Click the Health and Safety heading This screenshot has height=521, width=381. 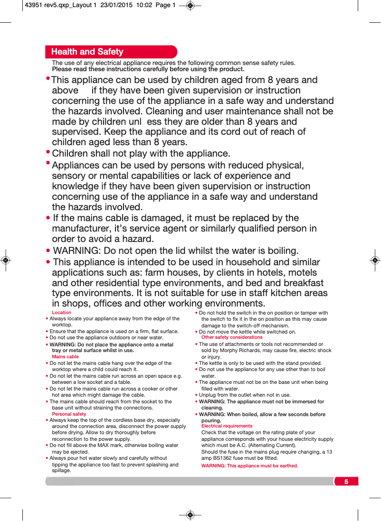(x=87, y=52)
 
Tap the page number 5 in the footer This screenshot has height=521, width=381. (x=346, y=482)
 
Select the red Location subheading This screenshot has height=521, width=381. (x=61, y=313)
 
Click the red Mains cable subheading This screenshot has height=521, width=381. (x=65, y=357)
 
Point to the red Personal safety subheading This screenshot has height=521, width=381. (x=69, y=414)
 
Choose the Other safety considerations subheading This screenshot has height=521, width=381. (x=232, y=337)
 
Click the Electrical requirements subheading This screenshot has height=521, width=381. (x=227, y=426)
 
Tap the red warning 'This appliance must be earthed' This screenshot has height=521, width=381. (x=249, y=466)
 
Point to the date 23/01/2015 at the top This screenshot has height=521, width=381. (x=116, y=5)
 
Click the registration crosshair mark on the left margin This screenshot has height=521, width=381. (x=5, y=260)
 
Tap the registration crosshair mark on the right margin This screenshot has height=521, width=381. (x=375, y=260)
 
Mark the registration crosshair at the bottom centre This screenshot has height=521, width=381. (x=190, y=515)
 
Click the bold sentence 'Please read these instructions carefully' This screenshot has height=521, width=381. (x=148, y=69)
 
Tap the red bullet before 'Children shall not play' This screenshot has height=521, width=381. (x=48, y=152)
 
